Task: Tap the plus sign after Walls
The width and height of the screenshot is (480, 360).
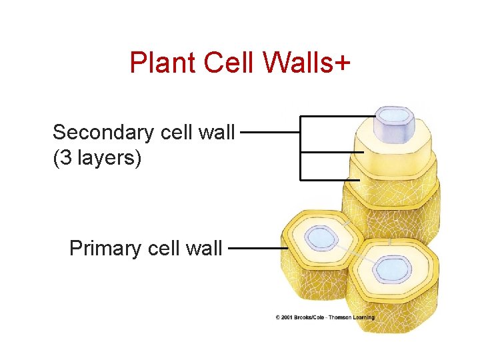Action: pos(340,64)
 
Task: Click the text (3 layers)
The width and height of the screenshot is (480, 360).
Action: pos(97,159)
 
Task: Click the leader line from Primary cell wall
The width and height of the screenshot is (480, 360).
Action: pos(257,248)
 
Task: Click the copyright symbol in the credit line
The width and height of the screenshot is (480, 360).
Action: pos(278,317)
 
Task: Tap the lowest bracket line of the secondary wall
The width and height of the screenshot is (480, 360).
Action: pos(330,179)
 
